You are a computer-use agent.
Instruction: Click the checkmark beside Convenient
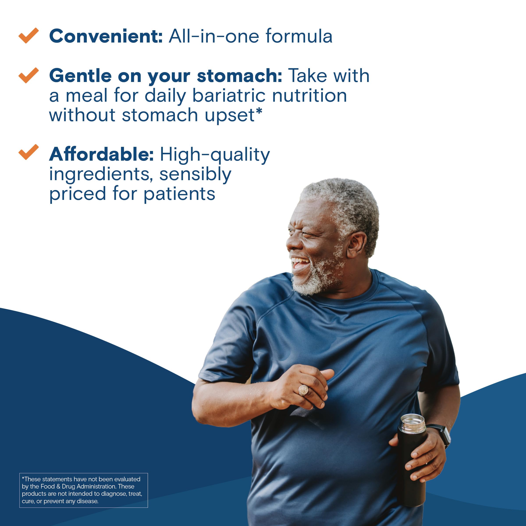tap(28, 36)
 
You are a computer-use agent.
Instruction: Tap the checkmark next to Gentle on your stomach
tap(28, 75)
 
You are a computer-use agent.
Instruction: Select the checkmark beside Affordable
tap(28, 152)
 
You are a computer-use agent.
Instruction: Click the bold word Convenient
tap(106, 36)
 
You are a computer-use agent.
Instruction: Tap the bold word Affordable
tap(101, 154)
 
